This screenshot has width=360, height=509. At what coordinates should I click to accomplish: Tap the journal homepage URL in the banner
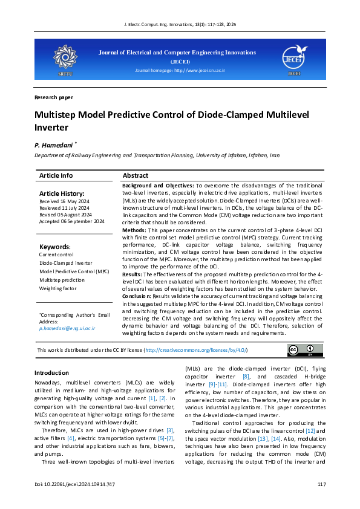click(180, 71)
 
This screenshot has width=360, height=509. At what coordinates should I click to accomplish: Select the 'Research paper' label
click(54, 97)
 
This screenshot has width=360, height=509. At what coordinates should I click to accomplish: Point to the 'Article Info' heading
click(56, 175)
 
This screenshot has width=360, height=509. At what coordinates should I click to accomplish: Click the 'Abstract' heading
click(136, 175)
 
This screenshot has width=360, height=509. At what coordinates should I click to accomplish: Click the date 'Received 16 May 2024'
click(64, 201)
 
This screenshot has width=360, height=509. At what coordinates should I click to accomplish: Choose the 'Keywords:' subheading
click(55, 247)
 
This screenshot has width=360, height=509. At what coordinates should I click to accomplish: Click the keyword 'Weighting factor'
click(58, 289)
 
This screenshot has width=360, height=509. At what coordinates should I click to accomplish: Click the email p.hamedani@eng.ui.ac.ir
click(67, 328)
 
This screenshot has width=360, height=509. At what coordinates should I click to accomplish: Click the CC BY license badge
click(301, 351)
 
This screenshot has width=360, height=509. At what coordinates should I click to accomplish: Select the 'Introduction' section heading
click(51, 373)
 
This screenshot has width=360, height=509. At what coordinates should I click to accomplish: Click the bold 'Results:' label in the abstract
click(133, 274)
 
